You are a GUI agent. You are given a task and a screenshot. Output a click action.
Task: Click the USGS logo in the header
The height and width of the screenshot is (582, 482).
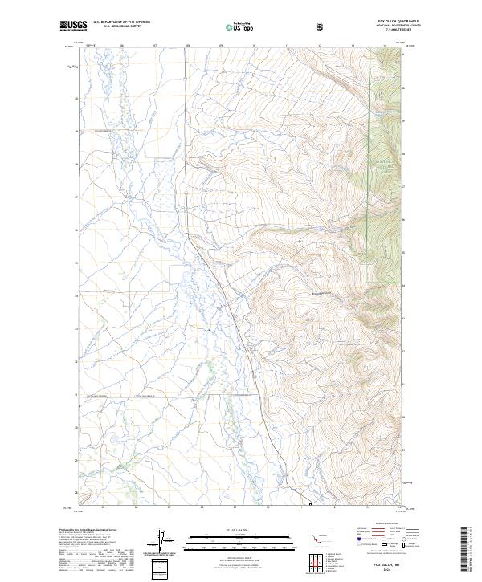point(71,26)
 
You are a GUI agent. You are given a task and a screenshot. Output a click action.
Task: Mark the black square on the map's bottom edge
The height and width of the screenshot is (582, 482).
point(309,505)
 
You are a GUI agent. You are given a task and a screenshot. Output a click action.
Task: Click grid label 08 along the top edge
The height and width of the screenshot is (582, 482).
point(188,46)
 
